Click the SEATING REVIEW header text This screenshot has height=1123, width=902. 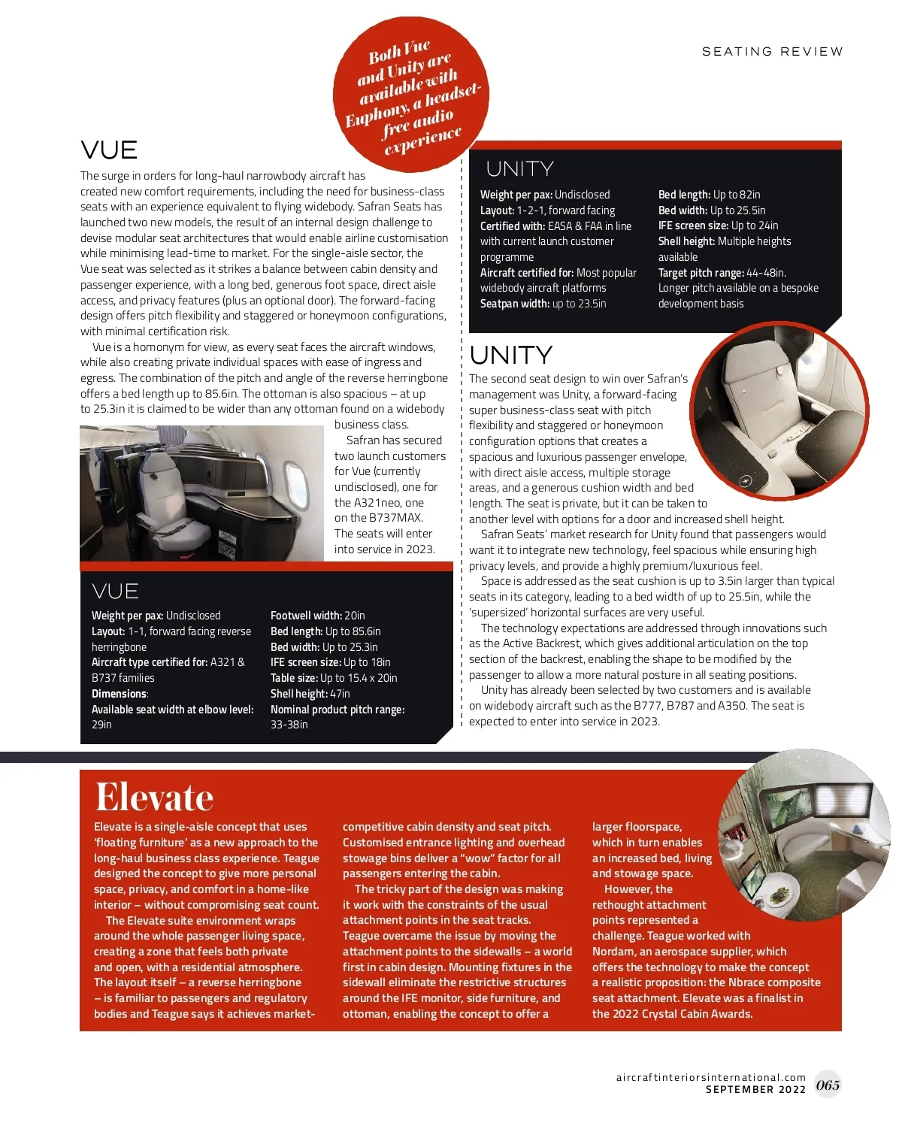(x=772, y=52)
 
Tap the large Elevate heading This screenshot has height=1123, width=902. (x=154, y=798)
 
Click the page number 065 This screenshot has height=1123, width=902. (x=828, y=1085)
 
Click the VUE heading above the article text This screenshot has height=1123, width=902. (x=109, y=150)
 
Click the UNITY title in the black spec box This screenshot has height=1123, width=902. (x=519, y=169)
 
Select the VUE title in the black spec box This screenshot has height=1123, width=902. (x=115, y=591)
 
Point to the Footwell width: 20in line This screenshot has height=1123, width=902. (x=317, y=616)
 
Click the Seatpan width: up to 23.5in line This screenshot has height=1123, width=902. (x=543, y=304)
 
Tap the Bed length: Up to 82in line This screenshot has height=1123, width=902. (x=709, y=195)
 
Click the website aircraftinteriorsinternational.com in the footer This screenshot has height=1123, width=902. (x=710, y=1077)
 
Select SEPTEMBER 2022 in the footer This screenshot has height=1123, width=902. (x=755, y=1089)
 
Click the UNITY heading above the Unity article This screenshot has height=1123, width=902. (x=510, y=355)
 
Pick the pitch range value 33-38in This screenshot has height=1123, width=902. (x=289, y=725)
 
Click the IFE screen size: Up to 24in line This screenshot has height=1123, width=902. (x=718, y=226)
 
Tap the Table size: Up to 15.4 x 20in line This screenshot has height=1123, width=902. (x=334, y=678)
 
